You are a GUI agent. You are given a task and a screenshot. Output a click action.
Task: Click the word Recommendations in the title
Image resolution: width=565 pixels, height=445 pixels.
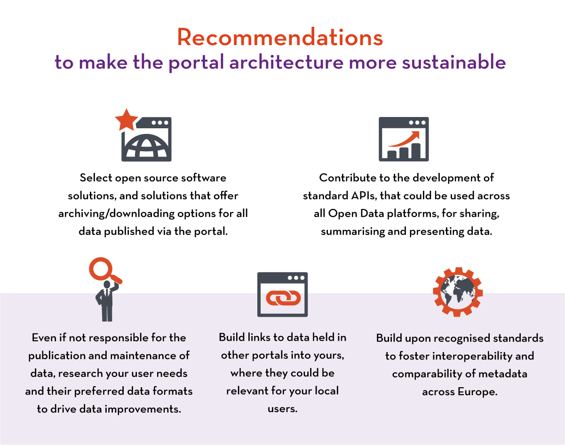[x=280, y=37]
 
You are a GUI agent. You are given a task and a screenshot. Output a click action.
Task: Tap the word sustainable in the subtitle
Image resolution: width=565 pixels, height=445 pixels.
[x=454, y=62]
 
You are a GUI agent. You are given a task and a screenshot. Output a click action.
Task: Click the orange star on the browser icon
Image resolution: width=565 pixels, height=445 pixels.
[x=126, y=120]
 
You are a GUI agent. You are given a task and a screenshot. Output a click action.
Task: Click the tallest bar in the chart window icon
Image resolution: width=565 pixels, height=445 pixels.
[x=416, y=151]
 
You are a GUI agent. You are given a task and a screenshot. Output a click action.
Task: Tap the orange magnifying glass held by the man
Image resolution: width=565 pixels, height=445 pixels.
[x=105, y=271]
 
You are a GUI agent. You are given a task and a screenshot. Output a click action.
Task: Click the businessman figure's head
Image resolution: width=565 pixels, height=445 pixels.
[x=107, y=284]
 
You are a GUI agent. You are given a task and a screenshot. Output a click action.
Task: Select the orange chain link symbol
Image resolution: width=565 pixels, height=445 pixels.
[x=283, y=298]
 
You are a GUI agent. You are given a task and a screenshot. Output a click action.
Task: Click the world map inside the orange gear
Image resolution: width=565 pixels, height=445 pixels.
[x=458, y=292]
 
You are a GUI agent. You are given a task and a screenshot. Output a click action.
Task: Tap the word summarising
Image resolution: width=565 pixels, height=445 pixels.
[x=352, y=232]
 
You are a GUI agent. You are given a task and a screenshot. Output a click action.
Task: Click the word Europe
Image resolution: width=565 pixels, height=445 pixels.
[x=477, y=392]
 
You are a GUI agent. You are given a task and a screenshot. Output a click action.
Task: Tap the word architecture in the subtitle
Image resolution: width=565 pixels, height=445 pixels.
[x=286, y=62]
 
